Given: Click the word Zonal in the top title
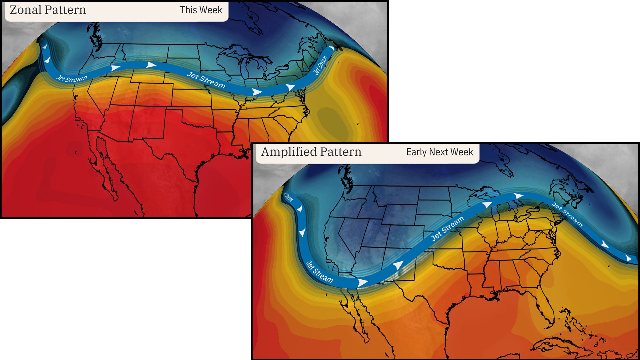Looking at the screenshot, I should pyautogui.click(x=25, y=10).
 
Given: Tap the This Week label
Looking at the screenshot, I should pyautogui.click(x=201, y=10).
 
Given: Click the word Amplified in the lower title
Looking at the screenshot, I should pyautogui.click(x=289, y=152).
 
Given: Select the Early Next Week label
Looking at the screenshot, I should pyautogui.click(x=439, y=152).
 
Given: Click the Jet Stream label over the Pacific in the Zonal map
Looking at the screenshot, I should pyautogui.click(x=71, y=79).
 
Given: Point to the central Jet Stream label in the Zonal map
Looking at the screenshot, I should pyautogui.click(x=206, y=80).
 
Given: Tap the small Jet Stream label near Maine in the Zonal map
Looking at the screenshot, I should pyautogui.click(x=320, y=65).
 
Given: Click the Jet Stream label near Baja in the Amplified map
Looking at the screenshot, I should pyautogui.click(x=319, y=272).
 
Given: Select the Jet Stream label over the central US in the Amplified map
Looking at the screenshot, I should pyautogui.click(x=447, y=228).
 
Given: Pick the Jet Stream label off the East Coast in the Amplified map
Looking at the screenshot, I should pyautogui.click(x=567, y=214).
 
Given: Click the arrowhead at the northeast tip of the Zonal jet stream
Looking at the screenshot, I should pyautogui.click(x=331, y=49).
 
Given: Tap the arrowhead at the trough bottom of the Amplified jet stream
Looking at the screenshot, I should pyautogui.click(x=362, y=283).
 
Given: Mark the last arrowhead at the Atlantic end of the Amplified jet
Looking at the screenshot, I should pyautogui.click(x=629, y=258).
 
